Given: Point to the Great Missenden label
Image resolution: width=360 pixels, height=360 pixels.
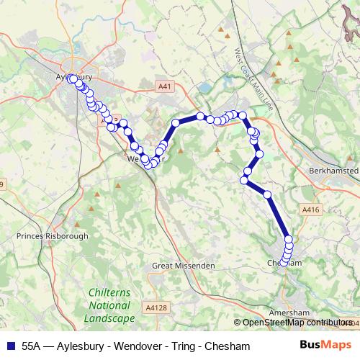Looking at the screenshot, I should click(184, 266).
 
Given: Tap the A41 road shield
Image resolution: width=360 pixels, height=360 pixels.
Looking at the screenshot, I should click(166, 86).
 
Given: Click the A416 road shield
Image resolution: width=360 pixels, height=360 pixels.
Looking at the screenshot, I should click(310, 210).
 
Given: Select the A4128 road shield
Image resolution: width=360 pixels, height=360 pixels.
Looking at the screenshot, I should click(155, 307).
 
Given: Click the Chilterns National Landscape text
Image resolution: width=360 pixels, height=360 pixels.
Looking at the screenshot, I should click(109, 305).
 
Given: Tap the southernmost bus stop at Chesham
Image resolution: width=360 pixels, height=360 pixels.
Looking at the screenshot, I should click(286, 262).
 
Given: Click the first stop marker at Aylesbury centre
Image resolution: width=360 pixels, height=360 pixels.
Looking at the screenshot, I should click(72, 79).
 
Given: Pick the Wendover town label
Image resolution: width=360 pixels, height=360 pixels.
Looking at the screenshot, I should click(140, 159).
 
